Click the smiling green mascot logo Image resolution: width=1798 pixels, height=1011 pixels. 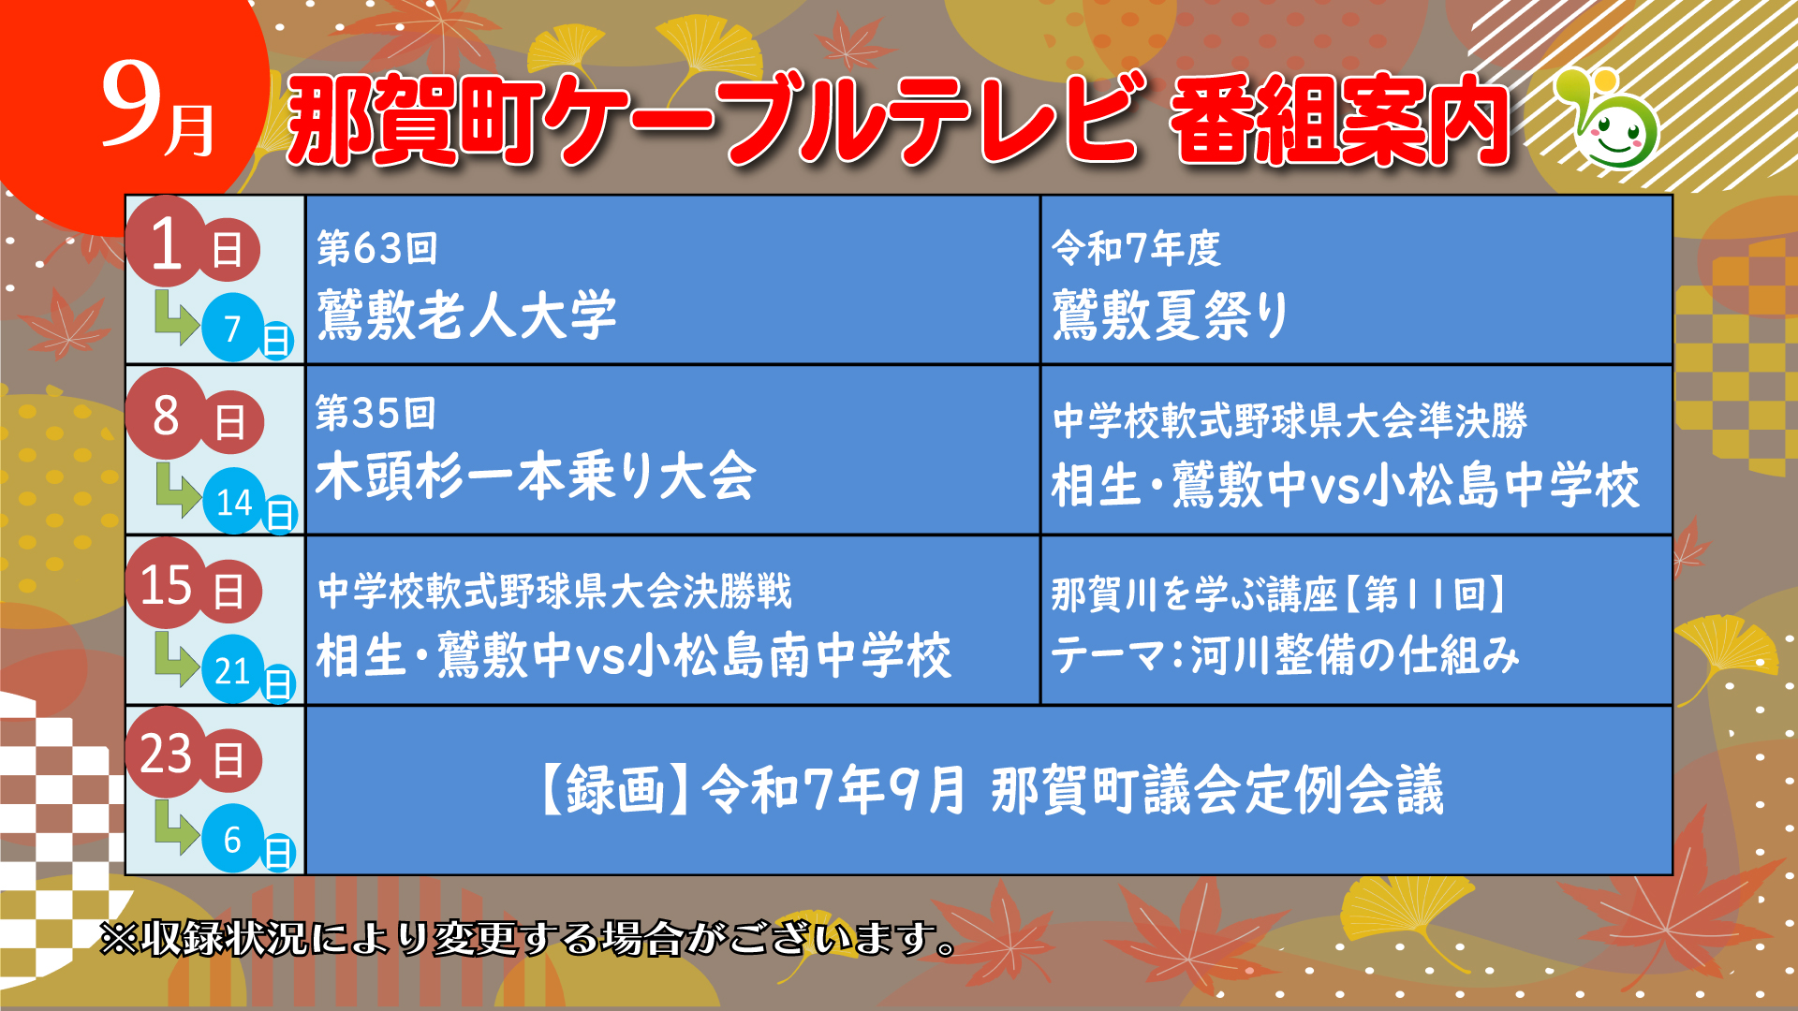(1609, 118)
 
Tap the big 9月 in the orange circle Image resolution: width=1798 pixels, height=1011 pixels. (158, 111)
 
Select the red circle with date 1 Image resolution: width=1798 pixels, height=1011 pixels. (166, 242)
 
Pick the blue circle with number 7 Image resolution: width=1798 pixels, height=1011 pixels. (233, 328)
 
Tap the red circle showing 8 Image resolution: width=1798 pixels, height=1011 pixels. (166, 415)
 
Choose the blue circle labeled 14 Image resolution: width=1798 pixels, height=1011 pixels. (234, 502)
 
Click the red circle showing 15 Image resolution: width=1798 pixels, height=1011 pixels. (166, 583)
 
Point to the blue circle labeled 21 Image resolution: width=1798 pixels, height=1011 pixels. (233, 669)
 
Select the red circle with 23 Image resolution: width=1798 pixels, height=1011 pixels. (166, 753)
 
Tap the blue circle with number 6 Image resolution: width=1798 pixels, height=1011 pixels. (233, 839)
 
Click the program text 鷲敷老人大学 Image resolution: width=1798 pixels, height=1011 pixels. (466, 315)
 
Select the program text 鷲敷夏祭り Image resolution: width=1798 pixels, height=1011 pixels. (1171, 315)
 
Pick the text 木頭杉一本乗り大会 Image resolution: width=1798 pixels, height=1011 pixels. (535, 476)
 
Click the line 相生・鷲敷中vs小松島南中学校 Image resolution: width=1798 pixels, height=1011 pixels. (634, 654)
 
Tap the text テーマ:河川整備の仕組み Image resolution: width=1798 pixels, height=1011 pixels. (1285, 653)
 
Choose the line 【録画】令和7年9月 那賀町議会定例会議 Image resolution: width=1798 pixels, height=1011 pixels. (991, 789)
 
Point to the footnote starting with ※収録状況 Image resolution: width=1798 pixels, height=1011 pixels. (529, 938)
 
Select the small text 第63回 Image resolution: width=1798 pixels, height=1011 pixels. (377, 248)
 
